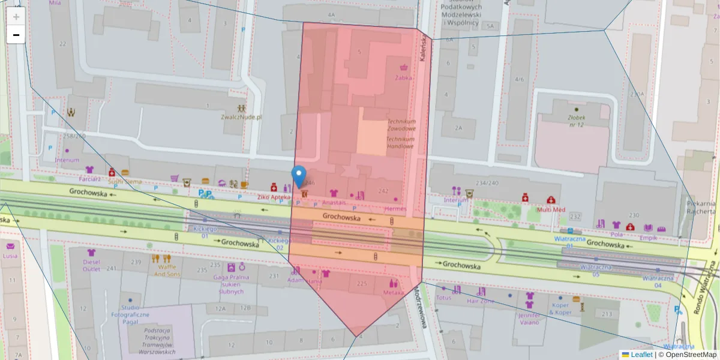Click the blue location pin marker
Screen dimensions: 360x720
click(299, 176)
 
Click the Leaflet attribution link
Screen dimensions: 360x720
click(641, 355)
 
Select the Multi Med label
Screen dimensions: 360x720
click(551, 209)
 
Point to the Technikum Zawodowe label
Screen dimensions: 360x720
click(401, 124)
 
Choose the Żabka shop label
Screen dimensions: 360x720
click(403, 77)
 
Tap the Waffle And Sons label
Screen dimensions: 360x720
click(167, 270)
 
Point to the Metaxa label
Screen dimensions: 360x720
click(394, 292)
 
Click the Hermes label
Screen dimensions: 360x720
click(395, 208)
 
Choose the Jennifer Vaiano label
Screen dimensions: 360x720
click(530, 318)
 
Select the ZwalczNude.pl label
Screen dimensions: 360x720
click(241, 117)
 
